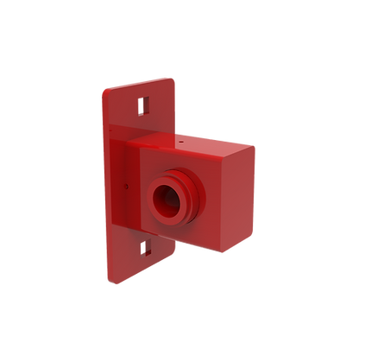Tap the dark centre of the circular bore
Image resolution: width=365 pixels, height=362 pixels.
164,202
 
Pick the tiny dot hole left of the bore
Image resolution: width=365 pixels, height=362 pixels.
127,183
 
